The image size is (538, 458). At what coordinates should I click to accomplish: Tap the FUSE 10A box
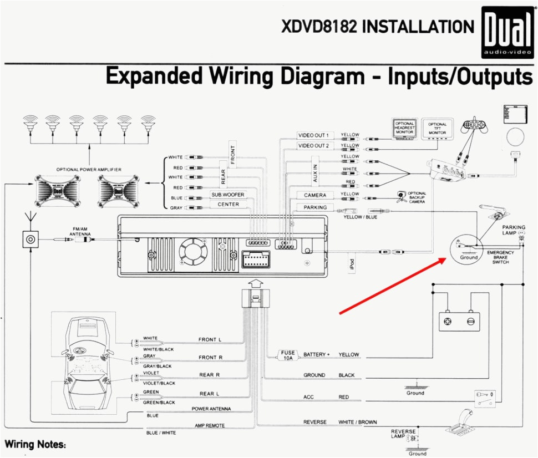(x=288, y=355)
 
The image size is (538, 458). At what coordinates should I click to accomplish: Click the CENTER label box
(x=228, y=205)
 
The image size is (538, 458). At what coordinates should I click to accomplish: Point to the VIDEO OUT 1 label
(x=313, y=135)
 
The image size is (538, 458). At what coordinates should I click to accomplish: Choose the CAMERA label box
(x=314, y=195)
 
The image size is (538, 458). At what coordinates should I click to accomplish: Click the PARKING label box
(x=314, y=207)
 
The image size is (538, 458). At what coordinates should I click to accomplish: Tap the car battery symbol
(x=460, y=320)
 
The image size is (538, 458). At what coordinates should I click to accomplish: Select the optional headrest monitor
(x=404, y=129)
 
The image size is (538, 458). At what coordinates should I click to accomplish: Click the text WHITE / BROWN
(x=357, y=423)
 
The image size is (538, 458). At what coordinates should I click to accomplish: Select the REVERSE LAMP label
(x=403, y=434)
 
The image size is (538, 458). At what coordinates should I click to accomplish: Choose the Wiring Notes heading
(x=35, y=445)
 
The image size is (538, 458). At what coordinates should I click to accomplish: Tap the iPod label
(x=352, y=264)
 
